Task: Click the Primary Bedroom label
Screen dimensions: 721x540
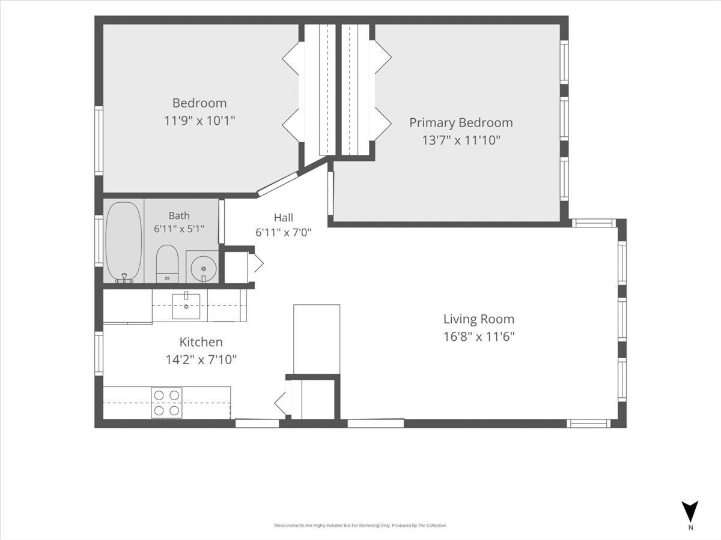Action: (x=461, y=122)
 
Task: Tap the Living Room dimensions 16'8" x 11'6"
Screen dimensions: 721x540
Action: (x=479, y=337)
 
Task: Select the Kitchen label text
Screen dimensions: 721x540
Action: (x=201, y=342)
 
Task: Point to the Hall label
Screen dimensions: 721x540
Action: (x=284, y=217)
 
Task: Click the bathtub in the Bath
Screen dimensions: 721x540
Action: (x=124, y=242)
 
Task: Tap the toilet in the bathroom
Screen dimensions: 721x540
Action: (x=167, y=264)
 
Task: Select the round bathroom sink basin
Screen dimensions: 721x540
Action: (x=204, y=269)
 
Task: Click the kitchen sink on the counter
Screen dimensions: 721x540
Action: (x=186, y=306)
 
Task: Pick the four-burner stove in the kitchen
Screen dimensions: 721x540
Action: (x=166, y=403)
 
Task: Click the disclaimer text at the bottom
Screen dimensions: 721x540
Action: (x=360, y=526)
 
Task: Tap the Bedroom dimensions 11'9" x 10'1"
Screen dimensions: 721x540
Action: (x=199, y=121)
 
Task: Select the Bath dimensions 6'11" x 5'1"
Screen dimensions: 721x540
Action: (x=179, y=229)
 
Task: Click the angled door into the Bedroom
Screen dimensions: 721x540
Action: (x=278, y=184)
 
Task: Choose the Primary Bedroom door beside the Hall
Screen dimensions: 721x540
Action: (x=330, y=193)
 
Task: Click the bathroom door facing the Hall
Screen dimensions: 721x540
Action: (x=222, y=221)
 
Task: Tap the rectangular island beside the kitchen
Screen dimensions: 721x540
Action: (x=317, y=339)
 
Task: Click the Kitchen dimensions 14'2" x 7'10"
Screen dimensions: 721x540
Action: (x=201, y=360)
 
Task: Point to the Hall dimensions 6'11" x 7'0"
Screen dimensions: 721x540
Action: (x=284, y=232)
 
